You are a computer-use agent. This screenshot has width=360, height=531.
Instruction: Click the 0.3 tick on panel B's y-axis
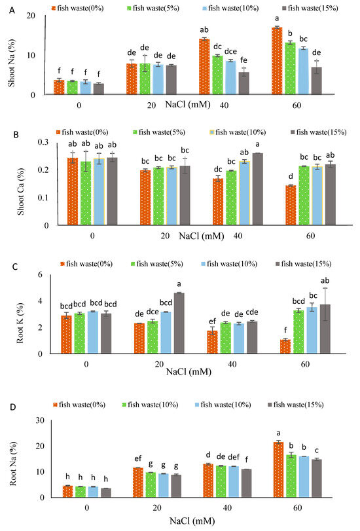pyautogui.click(x=41, y=142)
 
